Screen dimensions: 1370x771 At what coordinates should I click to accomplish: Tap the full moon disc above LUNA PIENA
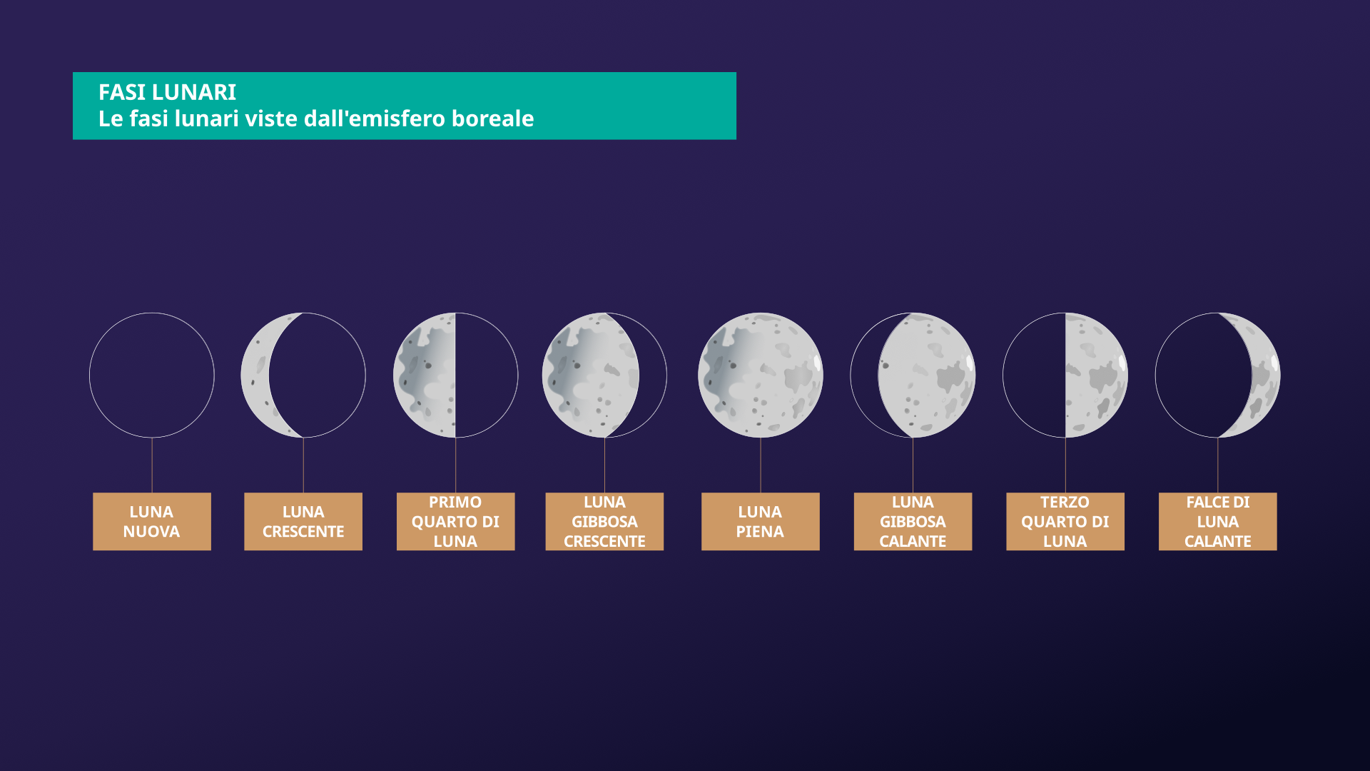[761, 375]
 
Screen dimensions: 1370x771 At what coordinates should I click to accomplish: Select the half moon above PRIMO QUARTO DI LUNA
[425, 375]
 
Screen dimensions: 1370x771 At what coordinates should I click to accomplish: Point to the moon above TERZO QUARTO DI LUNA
[1096, 375]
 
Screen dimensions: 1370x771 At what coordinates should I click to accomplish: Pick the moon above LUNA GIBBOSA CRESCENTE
[591, 375]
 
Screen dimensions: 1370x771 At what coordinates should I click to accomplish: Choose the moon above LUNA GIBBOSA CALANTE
[926, 375]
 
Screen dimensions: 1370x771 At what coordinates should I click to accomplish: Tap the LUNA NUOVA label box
[152, 521]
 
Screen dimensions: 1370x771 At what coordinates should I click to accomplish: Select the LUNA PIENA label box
[761, 521]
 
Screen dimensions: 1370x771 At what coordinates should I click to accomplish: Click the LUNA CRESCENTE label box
[303, 521]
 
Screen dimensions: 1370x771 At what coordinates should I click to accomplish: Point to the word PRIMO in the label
[455, 502]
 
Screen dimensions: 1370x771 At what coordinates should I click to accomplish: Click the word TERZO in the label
[1065, 502]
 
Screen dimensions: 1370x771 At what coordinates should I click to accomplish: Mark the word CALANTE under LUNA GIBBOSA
[913, 541]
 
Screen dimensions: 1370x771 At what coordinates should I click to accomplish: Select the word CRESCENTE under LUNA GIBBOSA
[604, 541]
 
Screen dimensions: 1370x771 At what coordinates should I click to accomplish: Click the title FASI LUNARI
[167, 92]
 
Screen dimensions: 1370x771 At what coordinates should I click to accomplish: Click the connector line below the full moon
[761, 465]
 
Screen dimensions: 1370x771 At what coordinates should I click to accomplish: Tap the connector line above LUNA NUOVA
[152, 465]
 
